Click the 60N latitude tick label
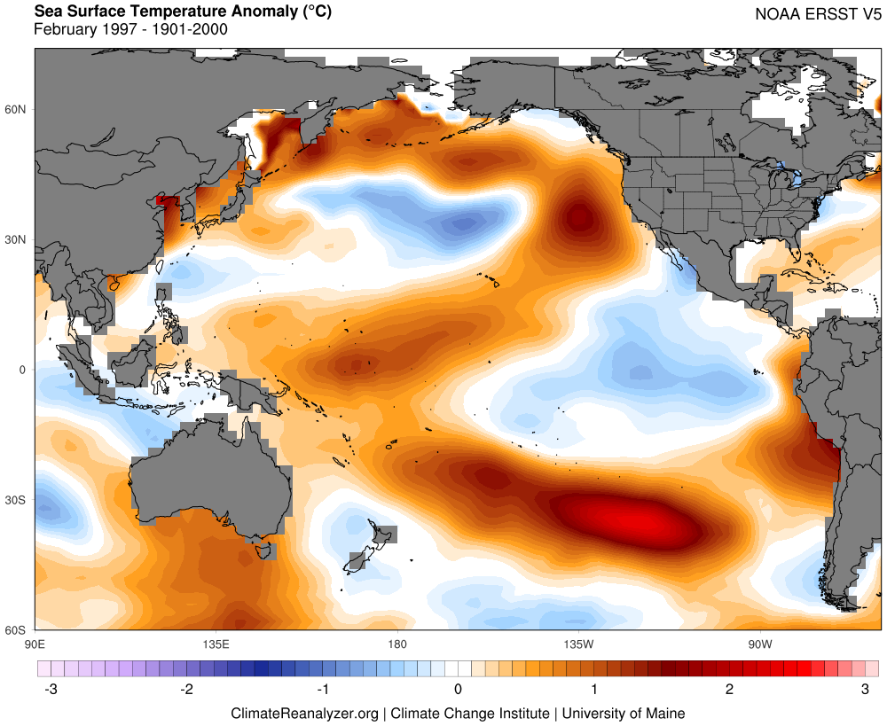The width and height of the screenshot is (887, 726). (x=17, y=109)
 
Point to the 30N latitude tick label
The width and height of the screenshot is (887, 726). (x=17, y=239)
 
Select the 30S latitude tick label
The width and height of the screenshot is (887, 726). (x=17, y=500)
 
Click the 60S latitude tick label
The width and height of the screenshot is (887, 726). (x=17, y=630)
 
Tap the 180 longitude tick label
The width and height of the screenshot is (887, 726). (x=396, y=643)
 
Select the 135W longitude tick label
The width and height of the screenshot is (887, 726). (x=577, y=643)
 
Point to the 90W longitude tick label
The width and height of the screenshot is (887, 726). (x=759, y=643)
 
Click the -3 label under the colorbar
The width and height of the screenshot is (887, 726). (x=51, y=689)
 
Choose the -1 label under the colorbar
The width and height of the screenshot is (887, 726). (x=322, y=689)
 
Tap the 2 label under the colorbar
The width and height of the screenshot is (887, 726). (x=729, y=689)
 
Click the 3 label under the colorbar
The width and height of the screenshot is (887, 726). (x=865, y=689)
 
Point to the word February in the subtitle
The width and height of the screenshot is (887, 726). (x=63, y=29)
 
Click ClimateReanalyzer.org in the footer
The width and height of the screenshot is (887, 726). (x=305, y=713)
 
